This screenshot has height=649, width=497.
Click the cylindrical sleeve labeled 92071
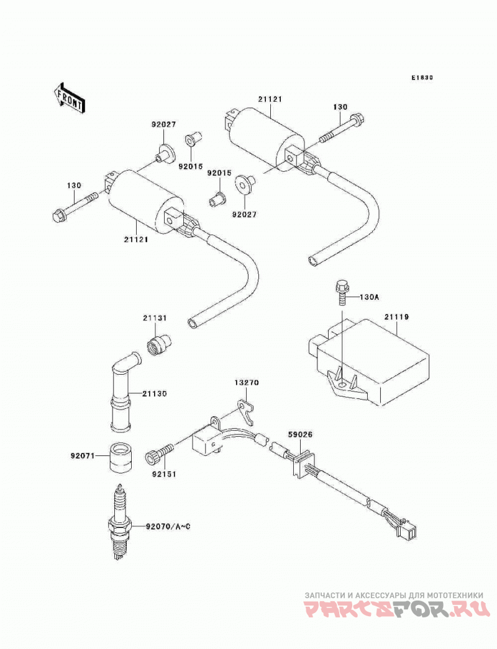click(120, 457)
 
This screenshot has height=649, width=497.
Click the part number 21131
click(155, 318)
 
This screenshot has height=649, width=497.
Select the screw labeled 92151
click(159, 453)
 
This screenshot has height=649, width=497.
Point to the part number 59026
click(301, 434)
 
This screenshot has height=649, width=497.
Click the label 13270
click(247, 383)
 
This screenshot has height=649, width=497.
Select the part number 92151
click(164, 474)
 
